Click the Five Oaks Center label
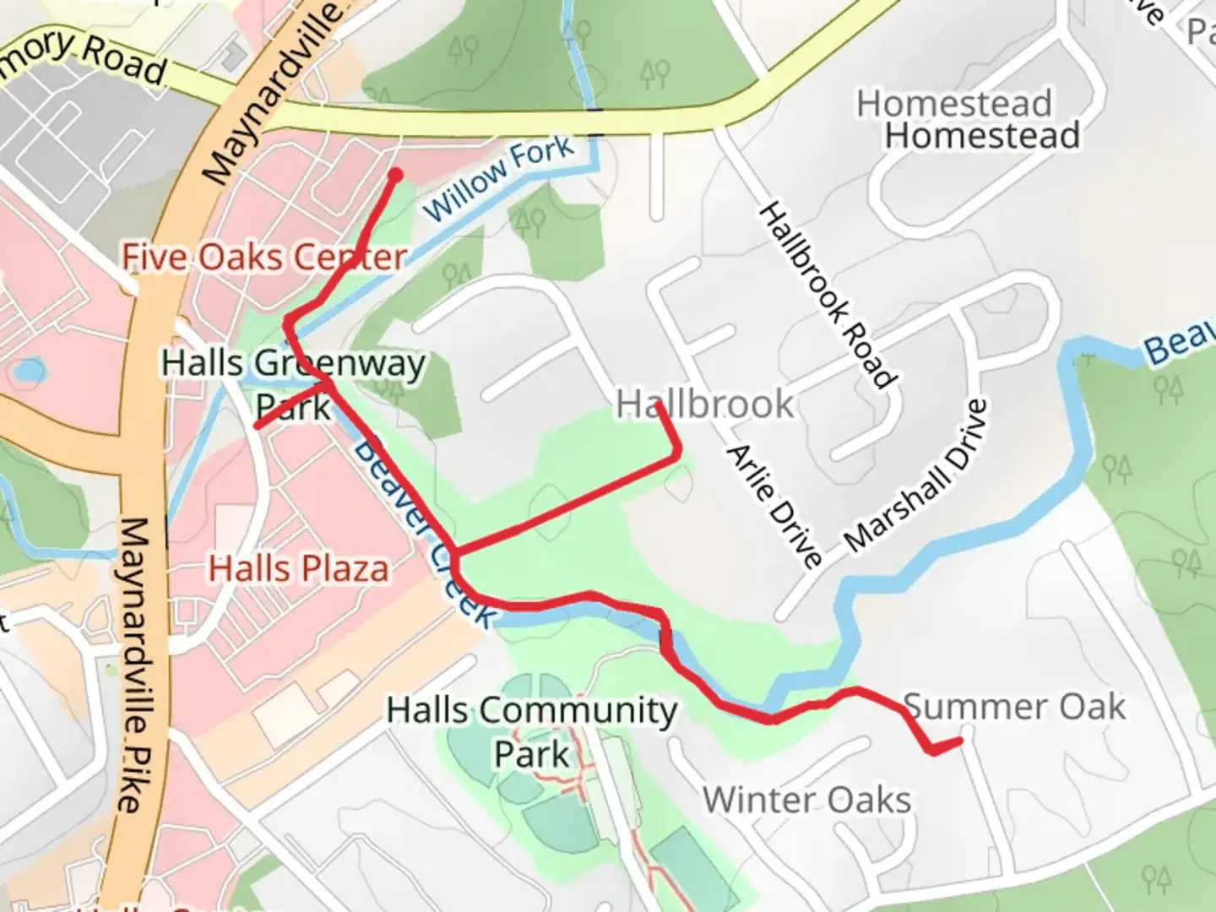264,257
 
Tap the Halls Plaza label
299,568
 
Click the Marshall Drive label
916,475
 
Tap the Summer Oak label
1014,707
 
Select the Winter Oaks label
806,800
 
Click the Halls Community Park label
532,731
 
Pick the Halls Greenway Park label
294,384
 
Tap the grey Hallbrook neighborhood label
705,404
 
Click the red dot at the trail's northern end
394,175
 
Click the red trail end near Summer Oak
960,741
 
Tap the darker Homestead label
983,136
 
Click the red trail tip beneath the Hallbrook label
658,407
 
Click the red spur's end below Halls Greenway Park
258,426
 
